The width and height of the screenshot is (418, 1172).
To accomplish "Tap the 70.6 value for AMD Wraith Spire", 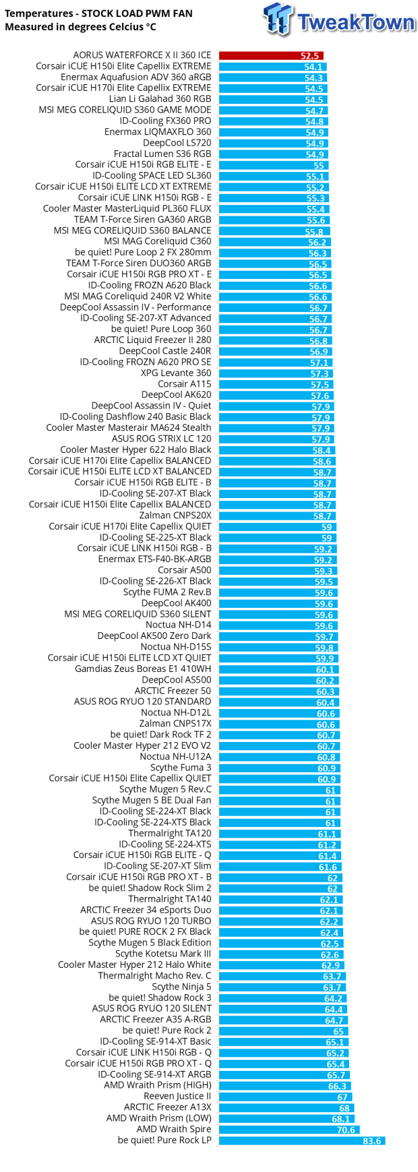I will point(345,1130).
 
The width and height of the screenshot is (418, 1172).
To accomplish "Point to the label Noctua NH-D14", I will point(178,625).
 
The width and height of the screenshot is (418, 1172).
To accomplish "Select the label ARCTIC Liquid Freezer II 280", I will point(152,340).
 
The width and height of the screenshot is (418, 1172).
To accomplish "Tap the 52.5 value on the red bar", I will point(309,56).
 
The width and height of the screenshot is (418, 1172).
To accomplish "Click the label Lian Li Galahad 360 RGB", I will point(160,99).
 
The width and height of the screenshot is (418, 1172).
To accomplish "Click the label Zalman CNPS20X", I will point(175,516).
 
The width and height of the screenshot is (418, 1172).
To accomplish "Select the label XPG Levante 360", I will point(175,373).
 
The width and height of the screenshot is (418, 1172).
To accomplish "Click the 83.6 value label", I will point(371,1141).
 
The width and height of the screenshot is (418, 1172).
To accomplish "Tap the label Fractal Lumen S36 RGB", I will point(162,154).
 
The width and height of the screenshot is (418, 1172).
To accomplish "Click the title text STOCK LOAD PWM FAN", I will point(137,13).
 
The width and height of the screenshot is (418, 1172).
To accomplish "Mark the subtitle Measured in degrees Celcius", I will point(80,27).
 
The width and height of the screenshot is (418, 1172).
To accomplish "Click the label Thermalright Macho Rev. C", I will point(154,976).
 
